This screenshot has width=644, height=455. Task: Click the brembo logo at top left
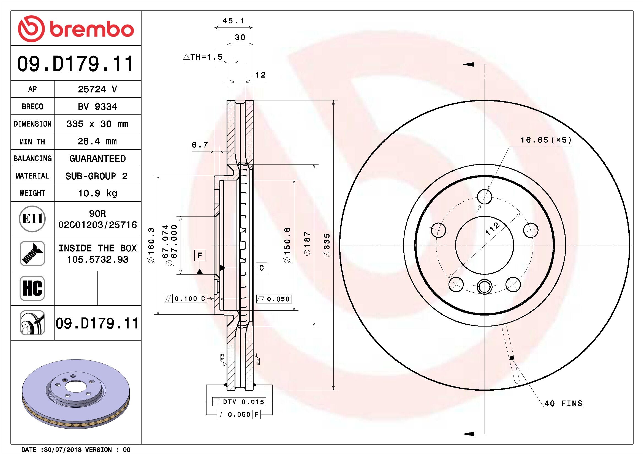tap(76, 29)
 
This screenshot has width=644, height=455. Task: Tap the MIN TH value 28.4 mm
tap(97, 141)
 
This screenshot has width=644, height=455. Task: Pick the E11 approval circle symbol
tap(32, 218)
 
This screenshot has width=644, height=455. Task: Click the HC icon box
tap(32, 288)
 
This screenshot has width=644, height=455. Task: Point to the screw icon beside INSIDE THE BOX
tap(32, 253)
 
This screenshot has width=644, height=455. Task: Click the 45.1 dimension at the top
tap(233, 21)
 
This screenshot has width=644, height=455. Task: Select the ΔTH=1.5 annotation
tap(203, 57)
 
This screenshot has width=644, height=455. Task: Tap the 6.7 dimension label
tap(199, 145)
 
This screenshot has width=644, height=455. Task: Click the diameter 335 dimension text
tap(327, 245)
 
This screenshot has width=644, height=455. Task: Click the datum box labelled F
tap(200, 255)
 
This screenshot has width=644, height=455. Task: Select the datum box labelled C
tap(261, 268)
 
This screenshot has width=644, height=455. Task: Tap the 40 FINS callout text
tap(563, 403)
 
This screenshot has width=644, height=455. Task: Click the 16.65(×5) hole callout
tap(545, 140)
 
